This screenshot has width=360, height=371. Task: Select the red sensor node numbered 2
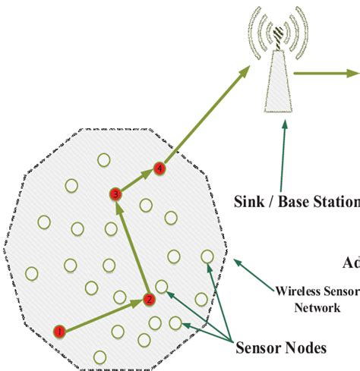150,300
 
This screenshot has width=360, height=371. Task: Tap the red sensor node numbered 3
115,194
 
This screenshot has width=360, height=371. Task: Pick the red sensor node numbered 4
159,168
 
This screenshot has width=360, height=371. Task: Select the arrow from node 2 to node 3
133,247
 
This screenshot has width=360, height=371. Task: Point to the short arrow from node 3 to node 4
137,181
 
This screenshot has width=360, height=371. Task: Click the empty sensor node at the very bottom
99,357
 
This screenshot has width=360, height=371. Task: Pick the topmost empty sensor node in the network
103,159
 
